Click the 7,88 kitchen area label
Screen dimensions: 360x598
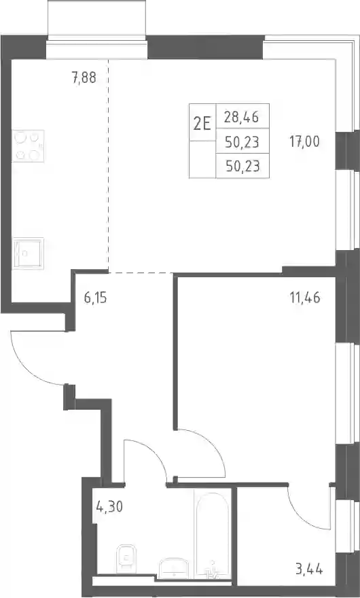click(84, 78)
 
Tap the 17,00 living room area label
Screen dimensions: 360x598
click(304, 142)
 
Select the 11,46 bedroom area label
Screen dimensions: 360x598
click(305, 297)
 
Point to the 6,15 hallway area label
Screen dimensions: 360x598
click(95, 298)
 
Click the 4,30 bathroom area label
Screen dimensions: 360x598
click(110, 507)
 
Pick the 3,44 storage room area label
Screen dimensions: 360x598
click(309, 569)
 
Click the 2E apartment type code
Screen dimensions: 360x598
click(202, 124)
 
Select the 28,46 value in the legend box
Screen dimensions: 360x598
click(241, 117)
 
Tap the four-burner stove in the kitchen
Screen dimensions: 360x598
click(28, 145)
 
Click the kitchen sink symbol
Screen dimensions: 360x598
click(28, 253)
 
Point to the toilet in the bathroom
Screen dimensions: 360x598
click(125, 559)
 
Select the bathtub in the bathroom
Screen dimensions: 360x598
click(213, 531)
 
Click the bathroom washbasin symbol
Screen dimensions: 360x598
click(173, 567)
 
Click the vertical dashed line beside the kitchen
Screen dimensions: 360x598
click(108, 166)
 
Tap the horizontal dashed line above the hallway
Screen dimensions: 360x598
click(141, 272)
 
